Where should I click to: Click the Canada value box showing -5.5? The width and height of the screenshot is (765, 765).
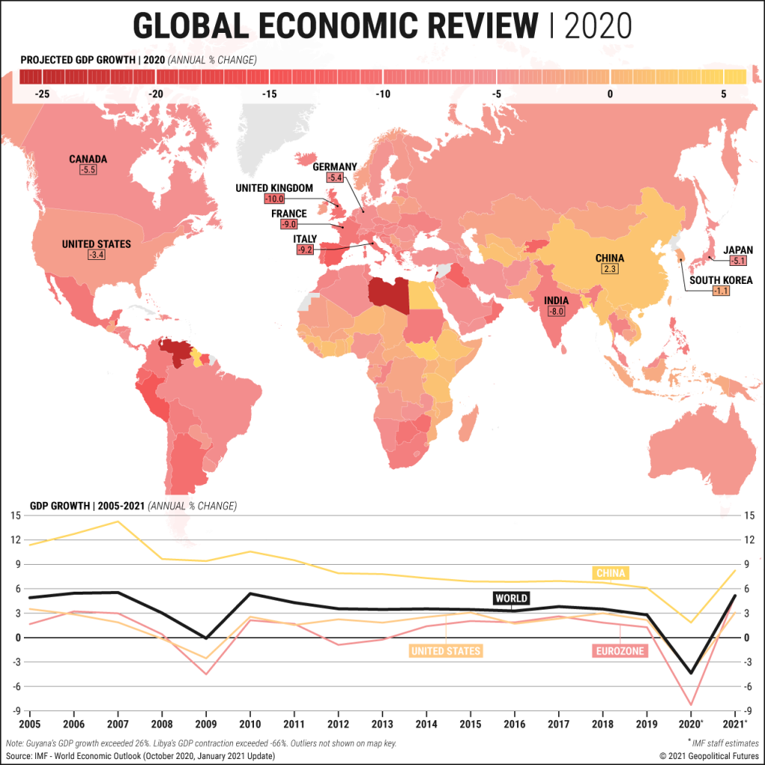(x=88, y=170)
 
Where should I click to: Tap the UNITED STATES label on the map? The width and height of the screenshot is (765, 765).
(x=96, y=244)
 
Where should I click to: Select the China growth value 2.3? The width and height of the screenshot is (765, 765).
(x=610, y=270)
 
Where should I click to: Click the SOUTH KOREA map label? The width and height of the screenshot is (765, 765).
(x=720, y=280)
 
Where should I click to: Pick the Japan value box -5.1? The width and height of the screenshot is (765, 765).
(x=738, y=261)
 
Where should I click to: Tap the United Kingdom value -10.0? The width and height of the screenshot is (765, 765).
(x=275, y=199)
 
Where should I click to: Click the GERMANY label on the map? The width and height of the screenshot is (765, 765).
(x=335, y=167)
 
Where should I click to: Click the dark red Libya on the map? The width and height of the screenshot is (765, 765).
(x=388, y=296)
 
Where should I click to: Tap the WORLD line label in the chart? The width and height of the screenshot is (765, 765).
(x=511, y=598)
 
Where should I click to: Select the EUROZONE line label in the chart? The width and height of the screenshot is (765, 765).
(x=619, y=651)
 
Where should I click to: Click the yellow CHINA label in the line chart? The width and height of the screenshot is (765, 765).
(x=610, y=573)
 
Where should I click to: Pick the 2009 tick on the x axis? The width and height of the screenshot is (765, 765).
(x=206, y=725)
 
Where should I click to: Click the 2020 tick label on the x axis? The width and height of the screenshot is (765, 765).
(x=690, y=725)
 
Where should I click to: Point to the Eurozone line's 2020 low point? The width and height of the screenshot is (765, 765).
(x=691, y=704)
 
